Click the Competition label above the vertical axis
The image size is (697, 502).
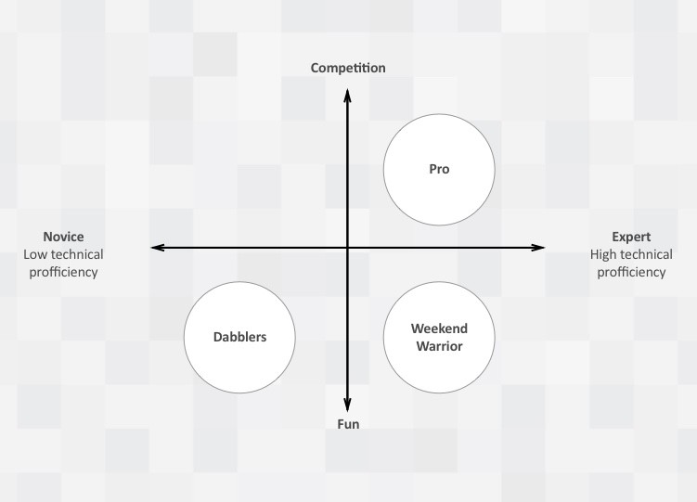pyautogui.click(x=348, y=68)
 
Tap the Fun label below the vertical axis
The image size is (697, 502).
pyautogui.click(x=348, y=424)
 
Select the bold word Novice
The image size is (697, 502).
pyautogui.click(x=63, y=237)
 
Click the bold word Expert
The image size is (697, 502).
pyautogui.click(x=631, y=237)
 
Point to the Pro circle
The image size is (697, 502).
pyautogui.click(x=439, y=169)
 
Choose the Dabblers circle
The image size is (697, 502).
pyautogui.click(x=239, y=337)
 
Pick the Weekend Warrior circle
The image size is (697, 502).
pyautogui.click(x=439, y=337)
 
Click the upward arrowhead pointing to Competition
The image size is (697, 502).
pyautogui.click(x=348, y=94)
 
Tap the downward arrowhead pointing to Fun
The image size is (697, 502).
pyautogui.click(x=348, y=405)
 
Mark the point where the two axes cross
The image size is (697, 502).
pyautogui.click(x=348, y=248)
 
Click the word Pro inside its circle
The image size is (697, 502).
pyautogui.click(x=439, y=169)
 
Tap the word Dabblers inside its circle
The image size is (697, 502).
pyautogui.click(x=239, y=337)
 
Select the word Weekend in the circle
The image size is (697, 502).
pyautogui.click(x=439, y=328)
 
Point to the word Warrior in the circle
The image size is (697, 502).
pyautogui.click(x=439, y=346)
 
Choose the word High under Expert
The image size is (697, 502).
pyautogui.click(x=604, y=254)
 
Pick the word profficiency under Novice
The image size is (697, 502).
pyautogui.click(x=63, y=272)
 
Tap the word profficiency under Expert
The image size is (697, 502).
pyautogui.click(x=631, y=272)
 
